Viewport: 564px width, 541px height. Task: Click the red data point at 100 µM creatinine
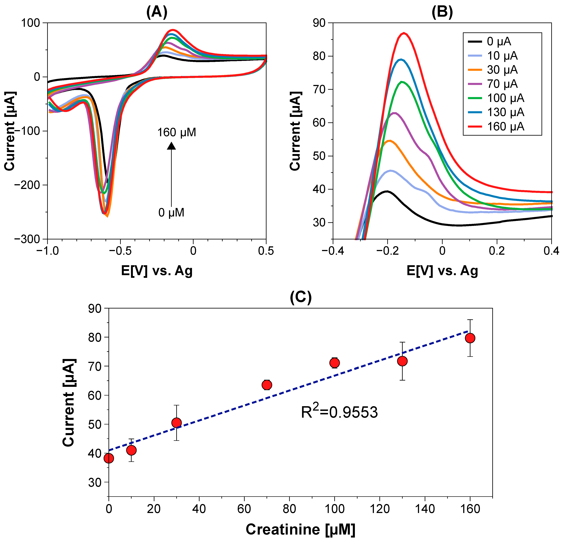pos(334,363)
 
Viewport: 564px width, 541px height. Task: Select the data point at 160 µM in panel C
pos(470,338)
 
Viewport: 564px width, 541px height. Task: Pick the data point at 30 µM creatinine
pos(176,423)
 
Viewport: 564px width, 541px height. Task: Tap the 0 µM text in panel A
pos(171,213)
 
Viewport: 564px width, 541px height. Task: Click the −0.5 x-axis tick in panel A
pos(120,251)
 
